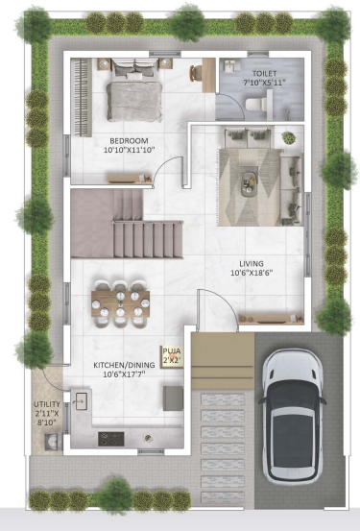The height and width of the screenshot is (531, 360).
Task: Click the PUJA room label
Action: coord(172,352)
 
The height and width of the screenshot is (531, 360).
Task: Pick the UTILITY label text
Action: coord(45,404)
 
